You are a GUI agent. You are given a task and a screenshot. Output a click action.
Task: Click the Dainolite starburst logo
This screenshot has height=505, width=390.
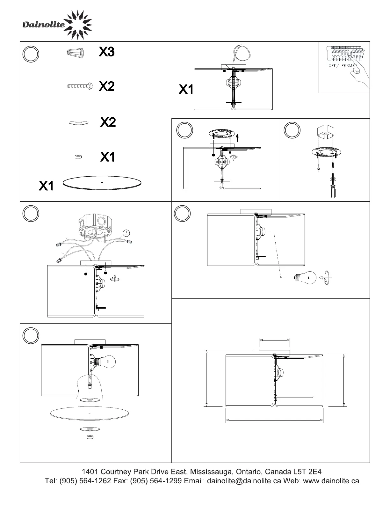(x=78, y=25)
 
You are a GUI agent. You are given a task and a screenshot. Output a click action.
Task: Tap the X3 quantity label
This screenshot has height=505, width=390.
(x=106, y=52)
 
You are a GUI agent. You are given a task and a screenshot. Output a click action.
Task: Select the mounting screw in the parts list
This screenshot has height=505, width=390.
(x=80, y=86)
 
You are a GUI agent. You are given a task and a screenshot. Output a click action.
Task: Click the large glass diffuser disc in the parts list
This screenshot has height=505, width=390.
(x=102, y=183)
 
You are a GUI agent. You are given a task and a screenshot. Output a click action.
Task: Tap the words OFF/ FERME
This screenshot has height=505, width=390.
(x=342, y=66)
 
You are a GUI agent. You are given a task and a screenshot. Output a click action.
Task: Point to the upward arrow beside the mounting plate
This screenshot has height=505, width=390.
(x=238, y=137)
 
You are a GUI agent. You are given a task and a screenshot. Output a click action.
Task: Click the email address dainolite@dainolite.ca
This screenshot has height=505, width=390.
(x=244, y=481)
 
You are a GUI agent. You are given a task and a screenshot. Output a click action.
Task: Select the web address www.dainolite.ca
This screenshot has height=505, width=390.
(x=331, y=481)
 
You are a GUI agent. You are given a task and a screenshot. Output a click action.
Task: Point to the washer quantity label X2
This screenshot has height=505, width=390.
(x=108, y=122)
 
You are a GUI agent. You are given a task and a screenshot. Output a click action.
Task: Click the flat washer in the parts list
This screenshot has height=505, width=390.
(x=78, y=122)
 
